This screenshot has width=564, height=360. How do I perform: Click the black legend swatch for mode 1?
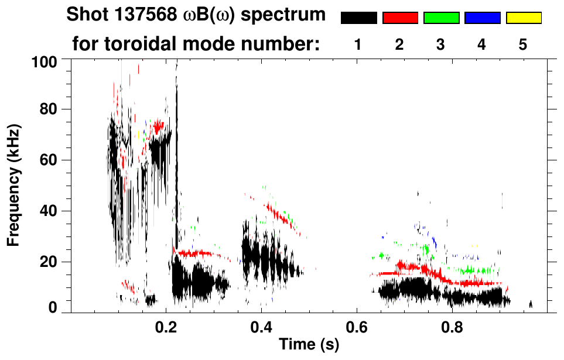pyautogui.click(x=358, y=18)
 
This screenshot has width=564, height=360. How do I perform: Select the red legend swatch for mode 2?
pyautogui.click(x=400, y=18)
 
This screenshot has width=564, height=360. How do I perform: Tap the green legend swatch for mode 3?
pyautogui.click(x=441, y=18)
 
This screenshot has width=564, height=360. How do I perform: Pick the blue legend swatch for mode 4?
pyautogui.click(x=482, y=18)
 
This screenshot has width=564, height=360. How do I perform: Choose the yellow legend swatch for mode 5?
pyautogui.click(x=524, y=18)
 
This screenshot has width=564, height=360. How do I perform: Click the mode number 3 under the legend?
pyautogui.click(x=441, y=44)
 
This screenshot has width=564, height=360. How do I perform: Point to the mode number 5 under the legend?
pyautogui.click(x=524, y=44)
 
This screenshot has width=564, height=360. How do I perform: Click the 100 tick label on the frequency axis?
pyautogui.click(x=44, y=61)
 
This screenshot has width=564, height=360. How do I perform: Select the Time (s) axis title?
pyautogui.click(x=308, y=345)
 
